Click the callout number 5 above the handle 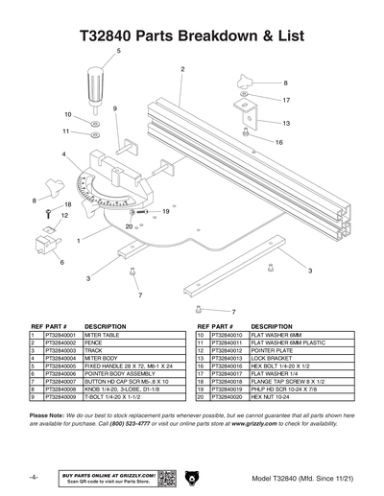(x=119, y=50)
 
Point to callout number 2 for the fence (x=181, y=69)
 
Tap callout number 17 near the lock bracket (x=286, y=99)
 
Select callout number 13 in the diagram (x=286, y=123)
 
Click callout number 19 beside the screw (x=166, y=210)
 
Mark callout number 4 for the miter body (x=63, y=154)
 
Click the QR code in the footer (x=165, y=477)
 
